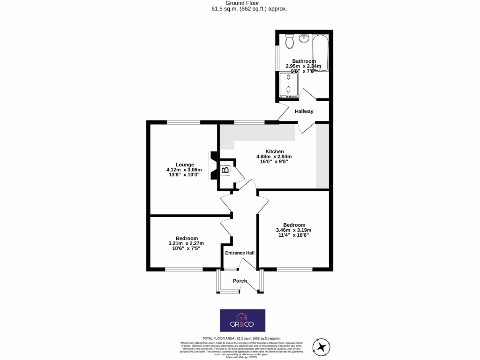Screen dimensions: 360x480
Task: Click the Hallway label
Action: pyautogui.click(x=304, y=112)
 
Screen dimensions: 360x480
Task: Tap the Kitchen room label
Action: pyautogui.click(x=274, y=151)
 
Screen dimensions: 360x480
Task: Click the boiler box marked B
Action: pyautogui.click(x=225, y=170)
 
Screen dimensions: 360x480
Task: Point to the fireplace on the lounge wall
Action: pyautogui.click(x=213, y=166)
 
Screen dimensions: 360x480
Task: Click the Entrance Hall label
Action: pyautogui.click(x=240, y=253)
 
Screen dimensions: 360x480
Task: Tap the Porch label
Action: pyautogui.click(x=240, y=281)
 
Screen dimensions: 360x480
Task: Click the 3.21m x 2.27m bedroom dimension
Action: pyautogui.click(x=186, y=243)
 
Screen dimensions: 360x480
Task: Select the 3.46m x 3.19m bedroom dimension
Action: pyautogui.click(x=294, y=230)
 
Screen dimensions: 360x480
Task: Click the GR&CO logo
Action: pyautogui.click(x=243, y=320)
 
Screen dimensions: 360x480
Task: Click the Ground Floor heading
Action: pyautogui.click(x=240, y=3)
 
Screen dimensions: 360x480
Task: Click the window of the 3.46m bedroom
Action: pyautogui.click(x=294, y=269)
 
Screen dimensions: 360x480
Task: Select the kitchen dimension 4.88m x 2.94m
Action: pyautogui.click(x=274, y=157)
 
